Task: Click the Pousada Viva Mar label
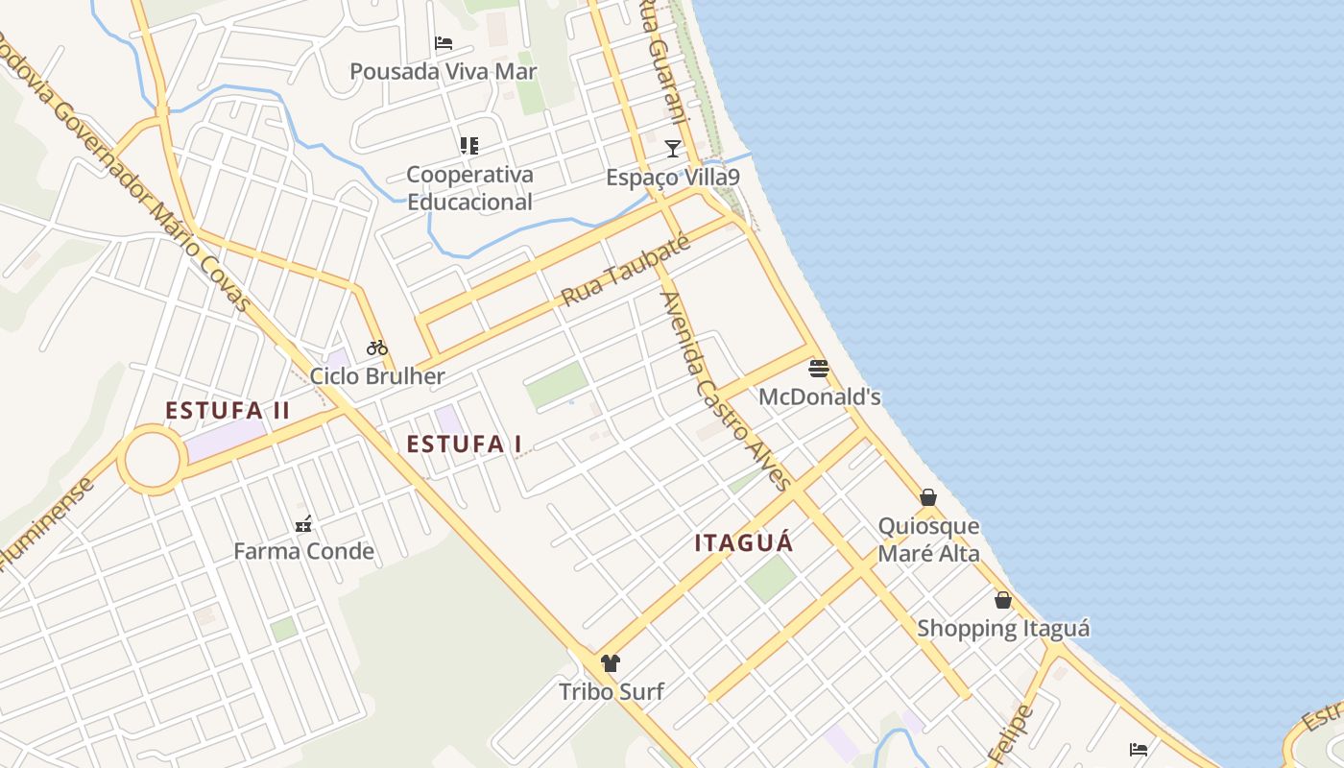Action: tap(443, 71)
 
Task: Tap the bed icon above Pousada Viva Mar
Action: tap(443, 42)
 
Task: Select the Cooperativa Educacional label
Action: tap(469, 188)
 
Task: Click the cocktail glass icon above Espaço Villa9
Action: tap(673, 148)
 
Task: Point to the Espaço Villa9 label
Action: tap(673, 178)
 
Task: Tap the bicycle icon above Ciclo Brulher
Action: tap(377, 348)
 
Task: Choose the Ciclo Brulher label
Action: tap(377, 375)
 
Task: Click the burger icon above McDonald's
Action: tap(818, 369)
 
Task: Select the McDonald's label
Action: tap(819, 396)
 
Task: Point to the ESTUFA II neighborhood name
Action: tap(228, 411)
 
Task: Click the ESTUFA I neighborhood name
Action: tap(465, 444)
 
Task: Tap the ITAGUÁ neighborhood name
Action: tap(744, 543)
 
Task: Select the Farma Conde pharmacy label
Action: tap(303, 551)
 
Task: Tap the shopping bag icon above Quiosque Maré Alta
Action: tap(928, 497)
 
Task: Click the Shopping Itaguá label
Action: tap(1003, 629)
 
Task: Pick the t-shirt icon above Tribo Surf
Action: tap(610, 662)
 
